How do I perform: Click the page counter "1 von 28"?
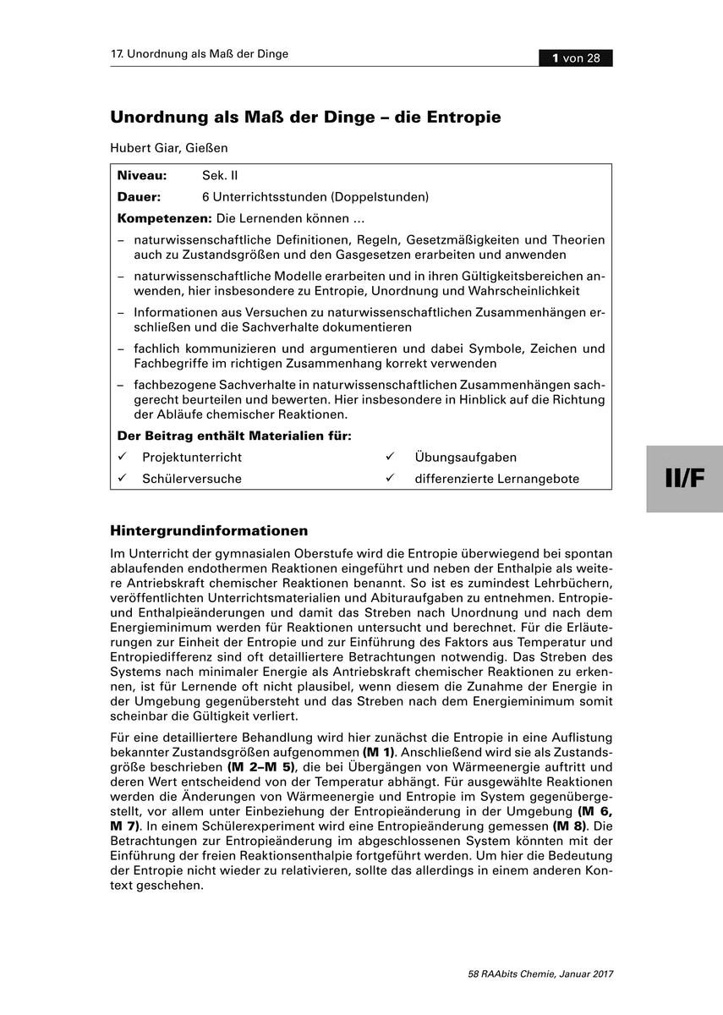576,58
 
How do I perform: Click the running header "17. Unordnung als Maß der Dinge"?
200,54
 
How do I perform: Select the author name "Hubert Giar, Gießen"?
169,147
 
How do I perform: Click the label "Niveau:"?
142,176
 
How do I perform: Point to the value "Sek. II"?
221,176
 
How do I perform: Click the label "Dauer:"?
140,197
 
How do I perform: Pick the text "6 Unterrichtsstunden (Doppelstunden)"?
315,197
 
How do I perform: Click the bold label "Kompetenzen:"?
164,218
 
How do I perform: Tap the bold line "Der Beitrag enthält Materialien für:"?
234,436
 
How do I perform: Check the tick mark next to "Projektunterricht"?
123,457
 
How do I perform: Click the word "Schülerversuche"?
192,479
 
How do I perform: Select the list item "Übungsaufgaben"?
465,457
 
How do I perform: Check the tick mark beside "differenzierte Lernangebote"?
391,478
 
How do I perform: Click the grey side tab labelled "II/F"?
684,478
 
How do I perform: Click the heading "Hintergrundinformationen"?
209,531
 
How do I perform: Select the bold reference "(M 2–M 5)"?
264,766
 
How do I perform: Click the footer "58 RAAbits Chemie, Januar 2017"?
540,974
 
